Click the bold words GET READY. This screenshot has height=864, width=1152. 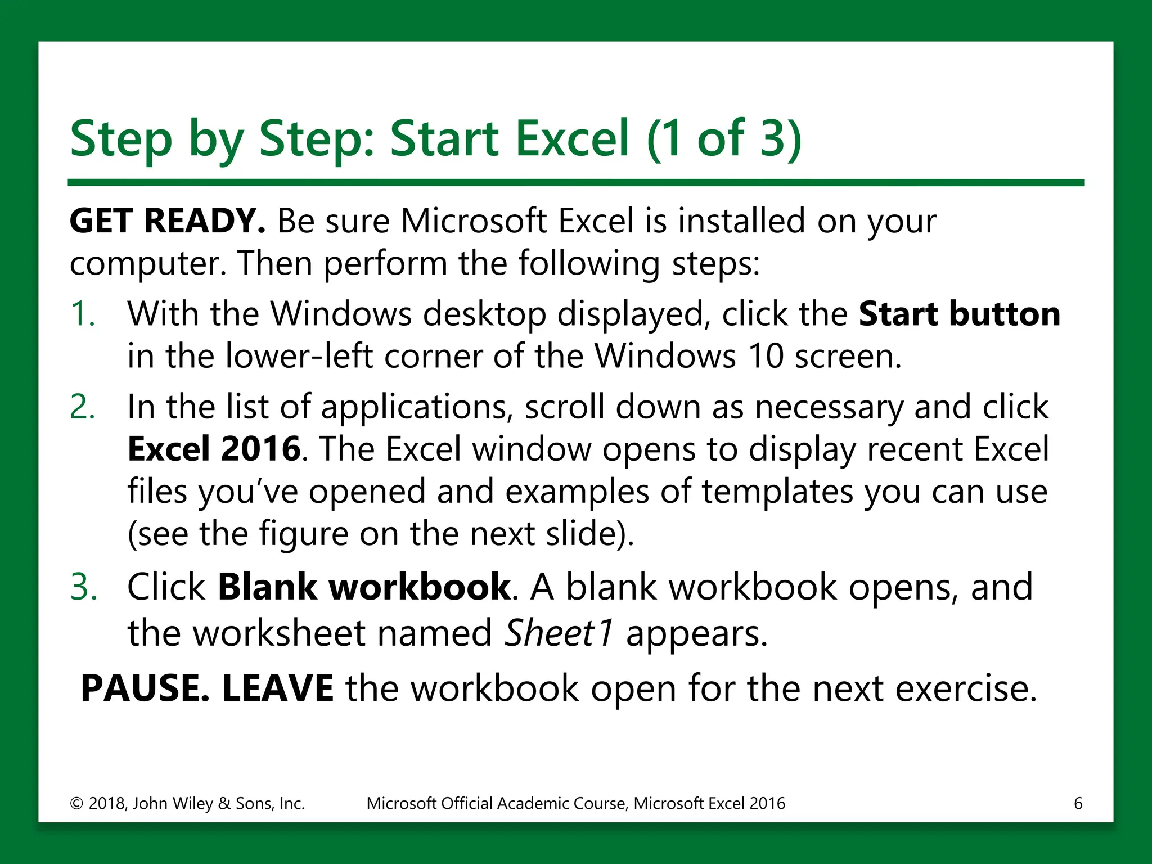pyautogui.click(x=167, y=220)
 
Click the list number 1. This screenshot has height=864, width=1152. pyautogui.click(x=82, y=314)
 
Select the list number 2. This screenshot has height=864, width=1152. pyautogui.click(x=82, y=407)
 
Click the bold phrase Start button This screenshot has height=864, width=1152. pyautogui.click(x=959, y=314)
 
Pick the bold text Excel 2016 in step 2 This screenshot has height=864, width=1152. pyautogui.click(x=214, y=449)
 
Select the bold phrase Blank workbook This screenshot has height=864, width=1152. pyautogui.click(x=364, y=587)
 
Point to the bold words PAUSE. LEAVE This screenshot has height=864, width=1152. pyautogui.click(x=207, y=688)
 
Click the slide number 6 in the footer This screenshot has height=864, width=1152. pyautogui.click(x=1078, y=803)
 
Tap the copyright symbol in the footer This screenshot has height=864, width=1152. pyautogui.click(x=76, y=804)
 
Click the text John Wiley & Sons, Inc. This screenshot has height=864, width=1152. pyautogui.click(x=219, y=804)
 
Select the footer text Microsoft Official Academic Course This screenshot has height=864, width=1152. pyautogui.click(x=496, y=804)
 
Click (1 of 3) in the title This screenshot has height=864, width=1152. pyautogui.click(x=724, y=138)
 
